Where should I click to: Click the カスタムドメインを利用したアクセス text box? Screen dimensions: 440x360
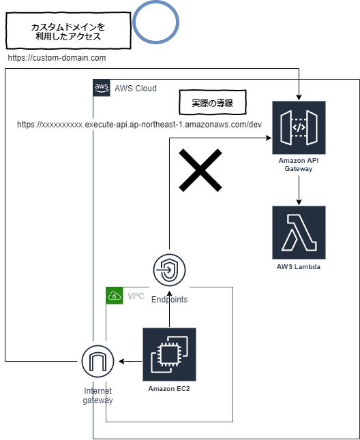click(x=67, y=32)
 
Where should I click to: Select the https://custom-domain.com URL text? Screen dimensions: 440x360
click(x=57, y=59)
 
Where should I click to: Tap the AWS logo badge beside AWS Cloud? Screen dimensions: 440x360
click(x=101, y=88)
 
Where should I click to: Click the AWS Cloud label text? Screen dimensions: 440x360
click(x=135, y=89)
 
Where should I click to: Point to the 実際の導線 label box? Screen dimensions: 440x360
click(x=212, y=104)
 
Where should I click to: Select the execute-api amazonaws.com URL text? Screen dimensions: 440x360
click(x=139, y=125)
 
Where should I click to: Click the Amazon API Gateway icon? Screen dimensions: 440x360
click(x=299, y=127)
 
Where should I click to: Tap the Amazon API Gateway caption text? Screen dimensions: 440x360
click(x=299, y=164)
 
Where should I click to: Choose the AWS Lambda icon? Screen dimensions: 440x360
click(x=299, y=232)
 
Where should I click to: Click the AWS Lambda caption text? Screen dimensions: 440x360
click(x=299, y=267)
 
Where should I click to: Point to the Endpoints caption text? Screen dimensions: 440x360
click(x=169, y=299)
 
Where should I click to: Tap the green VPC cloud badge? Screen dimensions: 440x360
click(x=114, y=296)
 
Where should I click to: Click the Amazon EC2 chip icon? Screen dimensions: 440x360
click(x=169, y=354)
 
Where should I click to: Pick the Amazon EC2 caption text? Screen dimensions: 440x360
click(x=169, y=388)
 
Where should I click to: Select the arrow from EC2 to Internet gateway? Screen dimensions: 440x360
click(x=129, y=361)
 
